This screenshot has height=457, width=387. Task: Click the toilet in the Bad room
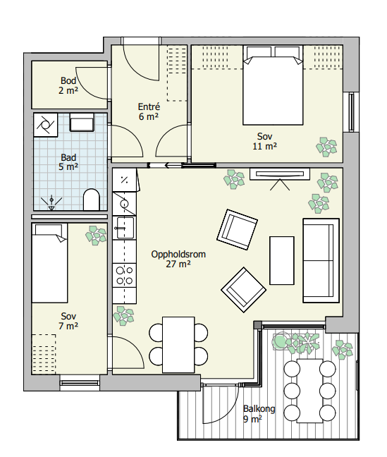tap(92, 200)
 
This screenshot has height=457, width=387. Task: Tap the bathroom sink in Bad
tap(82, 123)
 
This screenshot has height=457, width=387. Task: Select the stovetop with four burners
tap(125, 276)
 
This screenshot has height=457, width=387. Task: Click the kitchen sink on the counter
tap(125, 228)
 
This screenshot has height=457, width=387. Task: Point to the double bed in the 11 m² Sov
tap(273, 85)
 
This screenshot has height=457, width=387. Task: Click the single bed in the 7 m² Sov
tap(49, 263)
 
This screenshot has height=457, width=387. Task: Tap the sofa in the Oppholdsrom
tap(321, 260)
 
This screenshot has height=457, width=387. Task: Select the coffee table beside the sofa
tap(282, 260)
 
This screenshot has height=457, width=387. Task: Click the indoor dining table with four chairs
tap(178, 344)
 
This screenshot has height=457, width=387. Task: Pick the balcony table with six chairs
tap(309, 391)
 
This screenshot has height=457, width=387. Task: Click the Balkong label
tap(259, 408)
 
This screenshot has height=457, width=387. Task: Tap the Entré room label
tap(149, 106)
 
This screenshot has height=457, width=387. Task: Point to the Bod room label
tap(68, 80)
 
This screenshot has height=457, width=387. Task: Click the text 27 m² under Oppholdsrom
tap(178, 264)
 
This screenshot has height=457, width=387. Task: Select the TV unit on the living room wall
tap(280, 174)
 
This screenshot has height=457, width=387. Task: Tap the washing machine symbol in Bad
tap(46, 125)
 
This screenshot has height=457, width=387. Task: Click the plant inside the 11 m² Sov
tap(326, 147)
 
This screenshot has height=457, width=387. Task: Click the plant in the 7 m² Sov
tap(96, 236)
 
